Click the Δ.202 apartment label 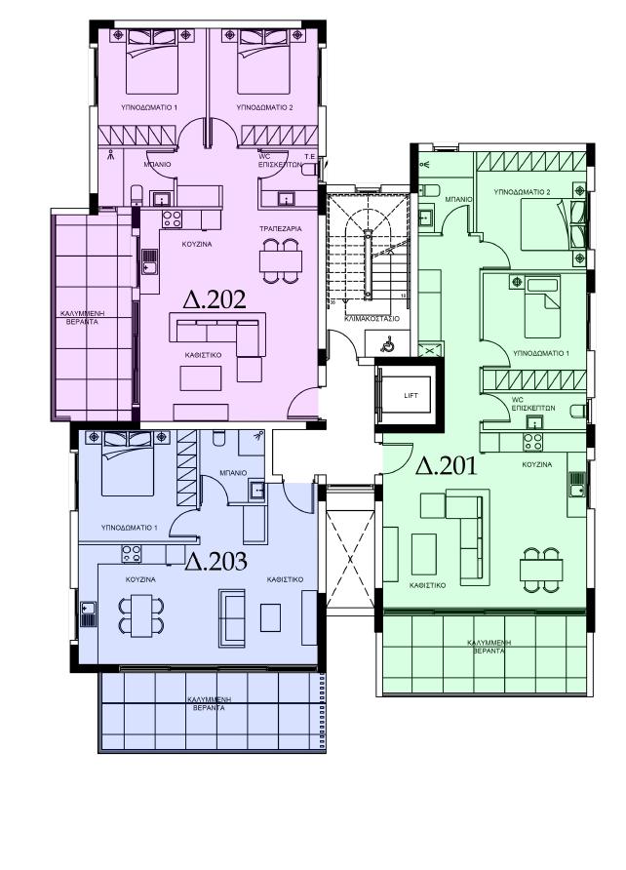[214, 299]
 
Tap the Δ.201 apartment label [447, 465]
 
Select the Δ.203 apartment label [215, 562]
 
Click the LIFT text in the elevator [411, 396]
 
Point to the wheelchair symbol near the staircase [387, 345]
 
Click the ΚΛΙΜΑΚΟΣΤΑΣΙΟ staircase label [372, 319]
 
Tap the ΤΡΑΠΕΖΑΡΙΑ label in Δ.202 [281, 228]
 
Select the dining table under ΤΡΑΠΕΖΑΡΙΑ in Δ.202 [281, 260]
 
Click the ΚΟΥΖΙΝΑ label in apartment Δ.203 [140, 579]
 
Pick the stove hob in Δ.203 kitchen [132, 554]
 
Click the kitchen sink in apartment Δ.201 [576, 484]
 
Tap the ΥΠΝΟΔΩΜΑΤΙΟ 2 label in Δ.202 [264, 107]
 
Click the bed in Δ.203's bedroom [128, 464]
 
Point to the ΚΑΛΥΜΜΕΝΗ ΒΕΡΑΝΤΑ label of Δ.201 [489, 647]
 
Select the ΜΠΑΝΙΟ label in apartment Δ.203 [233, 473]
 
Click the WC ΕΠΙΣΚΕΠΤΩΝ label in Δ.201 [532, 404]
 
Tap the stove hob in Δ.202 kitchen [172, 219]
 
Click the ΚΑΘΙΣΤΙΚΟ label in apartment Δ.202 [203, 355]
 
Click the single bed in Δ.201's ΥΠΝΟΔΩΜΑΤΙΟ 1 [542, 308]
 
